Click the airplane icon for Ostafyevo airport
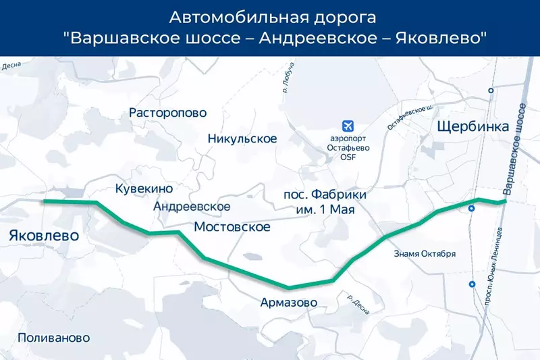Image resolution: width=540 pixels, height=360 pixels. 348,126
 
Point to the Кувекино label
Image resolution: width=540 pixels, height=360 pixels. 144,189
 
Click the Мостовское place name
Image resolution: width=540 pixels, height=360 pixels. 232,227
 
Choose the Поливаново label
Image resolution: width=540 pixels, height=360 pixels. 54,338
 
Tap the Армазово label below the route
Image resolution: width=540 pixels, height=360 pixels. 288,303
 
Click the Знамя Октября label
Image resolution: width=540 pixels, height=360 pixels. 425,254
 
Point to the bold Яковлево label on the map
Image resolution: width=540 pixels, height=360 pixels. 44,236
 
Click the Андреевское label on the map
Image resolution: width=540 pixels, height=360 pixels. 192,207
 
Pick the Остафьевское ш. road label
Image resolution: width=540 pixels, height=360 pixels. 410,117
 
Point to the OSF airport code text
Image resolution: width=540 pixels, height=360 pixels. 348,157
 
